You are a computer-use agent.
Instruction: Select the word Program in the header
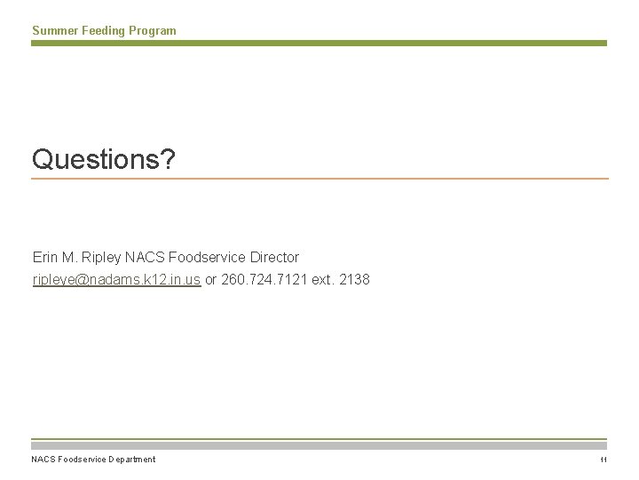pyautogui.click(x=153, y=31)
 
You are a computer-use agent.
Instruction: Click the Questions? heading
pyautogui.click(x=104, y=159)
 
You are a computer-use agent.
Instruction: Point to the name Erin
pyautogui.click(x=46, y=257)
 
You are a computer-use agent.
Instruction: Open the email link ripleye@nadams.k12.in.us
pyautogui.click(x=116, y=280)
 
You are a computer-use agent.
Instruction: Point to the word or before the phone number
pyautogui.click(x=211, y=280)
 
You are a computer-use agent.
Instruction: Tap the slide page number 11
pyautogui.click(x=602, y=460)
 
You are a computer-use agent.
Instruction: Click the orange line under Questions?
pyautogui.click(x=319, y=180)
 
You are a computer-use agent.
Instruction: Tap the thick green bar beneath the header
pyautogui.click(x=319, y=43)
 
